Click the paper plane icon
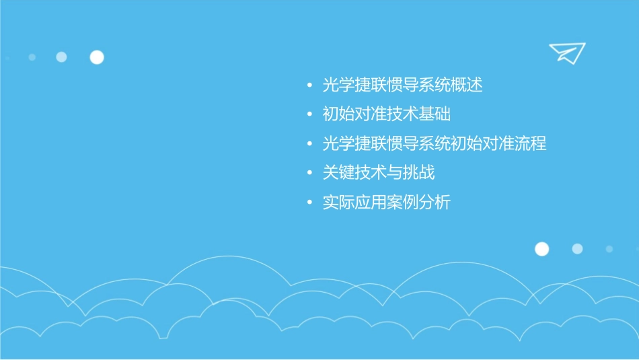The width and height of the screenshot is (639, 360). (566, 52)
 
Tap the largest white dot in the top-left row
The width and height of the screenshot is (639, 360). (97, 57)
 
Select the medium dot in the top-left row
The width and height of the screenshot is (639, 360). (61, 57)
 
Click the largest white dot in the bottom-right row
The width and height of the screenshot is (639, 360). (541, 249)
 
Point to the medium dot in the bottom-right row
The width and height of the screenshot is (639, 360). (577, 249)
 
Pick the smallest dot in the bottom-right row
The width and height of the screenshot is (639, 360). (609, 249)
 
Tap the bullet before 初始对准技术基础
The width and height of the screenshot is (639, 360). (309, 115)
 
